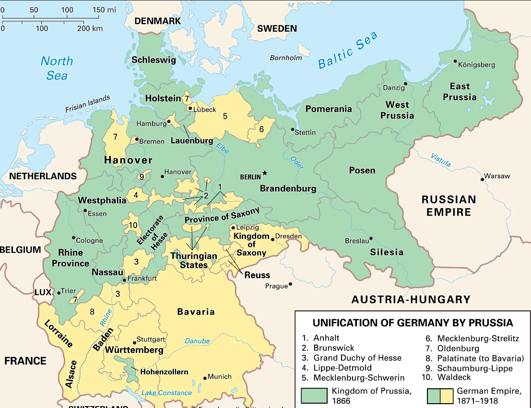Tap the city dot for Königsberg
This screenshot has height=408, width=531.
click(455, 62)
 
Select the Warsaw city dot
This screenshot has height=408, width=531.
click(483, 179)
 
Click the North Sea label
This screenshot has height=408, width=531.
click(57, 68)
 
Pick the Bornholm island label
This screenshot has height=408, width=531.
click(286, 58)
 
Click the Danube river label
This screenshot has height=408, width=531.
click(197, 341)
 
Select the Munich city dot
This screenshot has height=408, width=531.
click(205, 377)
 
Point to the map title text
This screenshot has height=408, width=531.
click(413, 322)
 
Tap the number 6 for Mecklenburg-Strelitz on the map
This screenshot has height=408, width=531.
click(261, 129)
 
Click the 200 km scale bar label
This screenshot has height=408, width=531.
click(90, 28)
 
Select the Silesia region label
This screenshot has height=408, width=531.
click(386, 252)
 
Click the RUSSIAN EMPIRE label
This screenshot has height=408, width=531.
click(448, 206)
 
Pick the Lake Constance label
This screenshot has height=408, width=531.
click(166, 393)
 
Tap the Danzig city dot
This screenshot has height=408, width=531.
click(405, 84)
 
